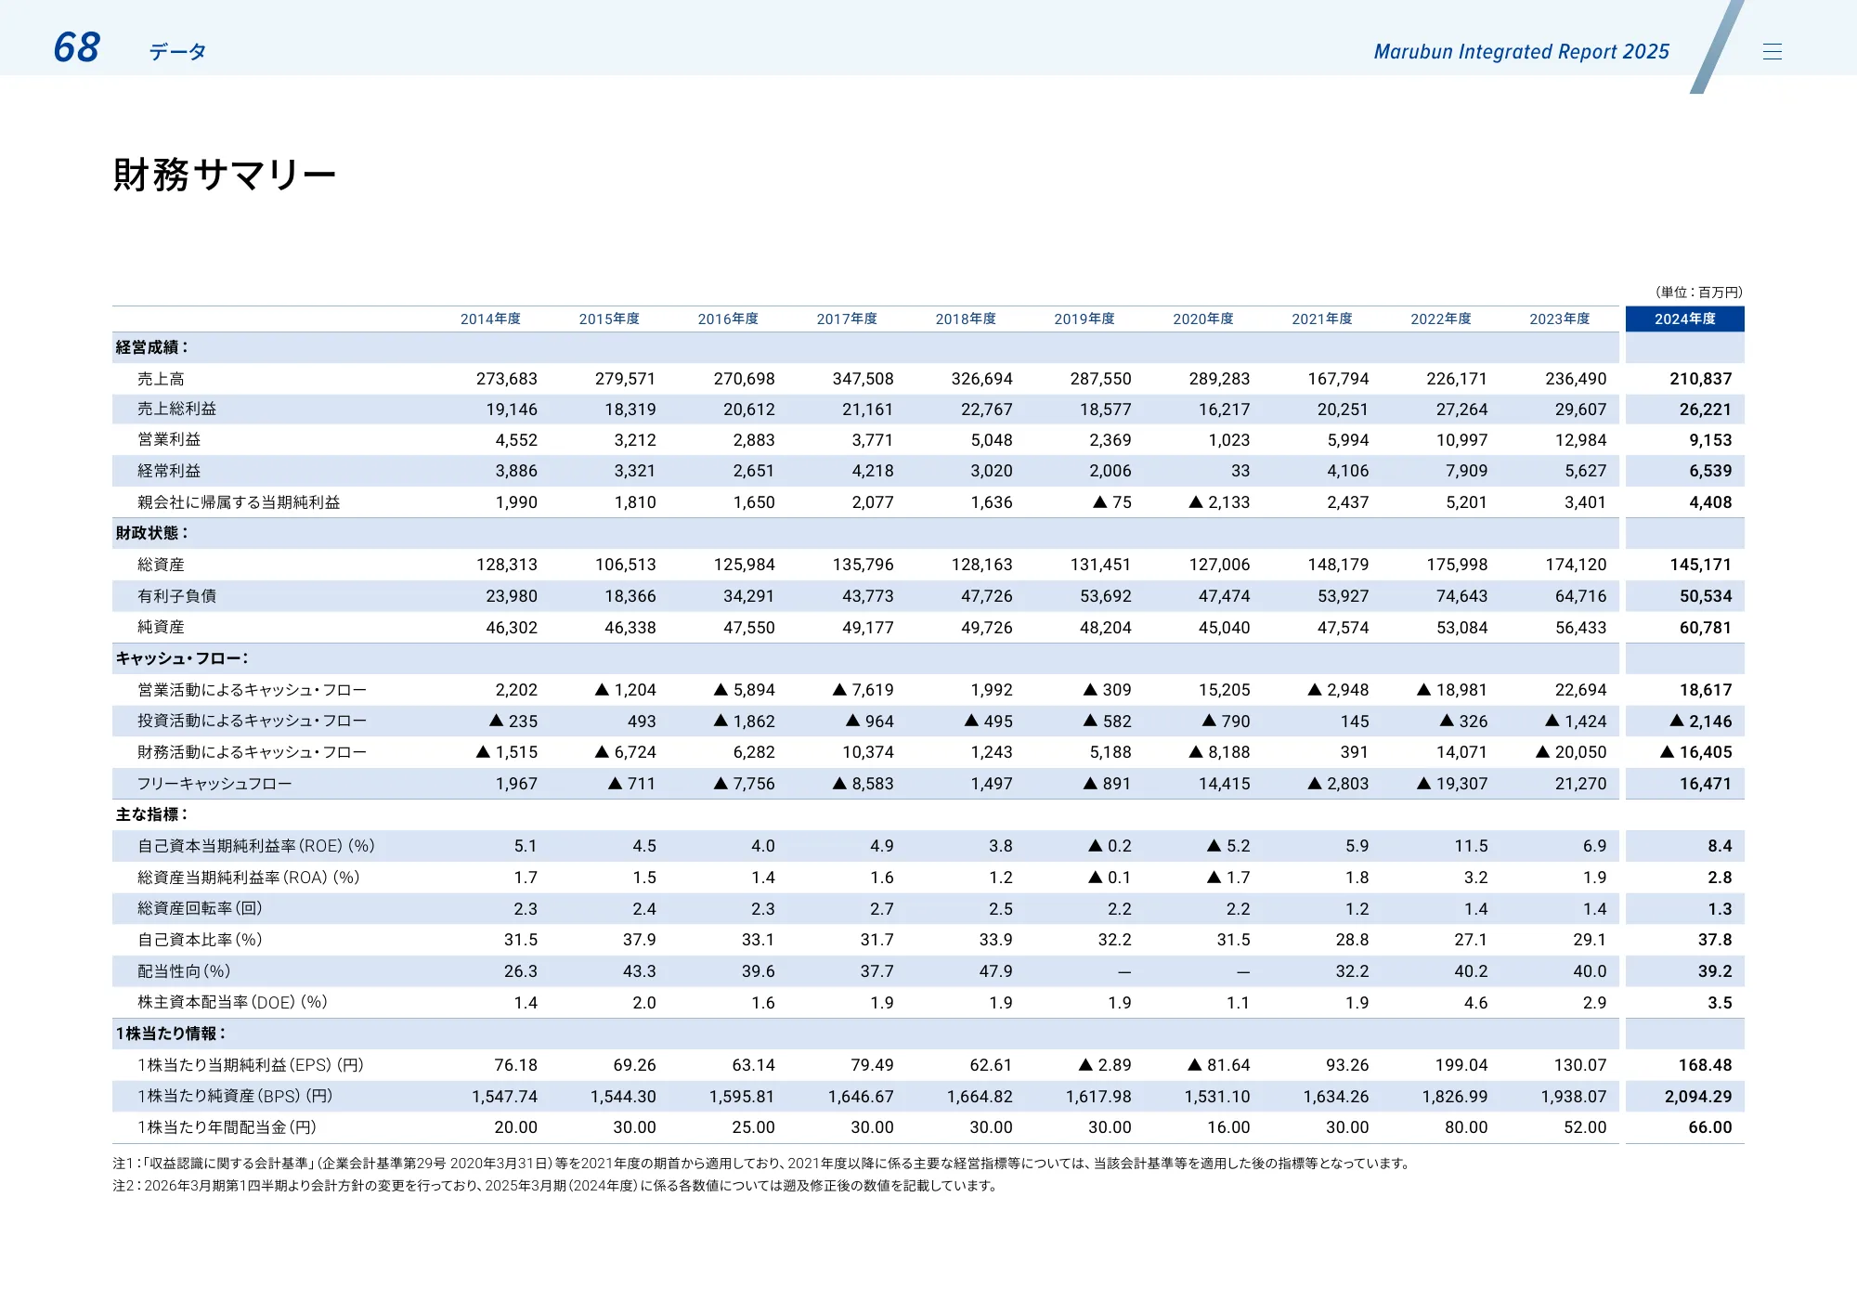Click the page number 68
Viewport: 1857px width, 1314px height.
click(76, 47)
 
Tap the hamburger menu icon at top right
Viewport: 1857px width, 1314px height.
click(1772, 52)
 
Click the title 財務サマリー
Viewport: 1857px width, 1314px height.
click(224, 175)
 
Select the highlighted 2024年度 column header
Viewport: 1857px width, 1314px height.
click(1684, 319)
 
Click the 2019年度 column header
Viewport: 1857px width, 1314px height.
click(1084, 319)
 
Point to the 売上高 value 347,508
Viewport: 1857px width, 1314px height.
click(863, 379)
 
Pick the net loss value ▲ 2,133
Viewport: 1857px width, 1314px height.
click(1219, 502)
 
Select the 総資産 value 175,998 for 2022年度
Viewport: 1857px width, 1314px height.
click(1456, 565)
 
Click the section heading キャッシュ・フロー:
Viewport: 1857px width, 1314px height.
click(181, 658)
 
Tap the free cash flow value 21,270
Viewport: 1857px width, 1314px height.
click(1580, 784)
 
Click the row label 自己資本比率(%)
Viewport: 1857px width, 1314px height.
click(200, 940)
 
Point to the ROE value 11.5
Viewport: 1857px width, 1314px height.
click(1471, 846)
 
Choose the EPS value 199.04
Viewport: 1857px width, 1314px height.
click(1461, 1065)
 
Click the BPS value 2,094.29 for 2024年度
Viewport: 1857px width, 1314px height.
click(1697, 1097)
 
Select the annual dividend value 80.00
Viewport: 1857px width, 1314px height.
click(1465, 1127)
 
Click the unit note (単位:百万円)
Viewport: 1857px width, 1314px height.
click(1698, 292)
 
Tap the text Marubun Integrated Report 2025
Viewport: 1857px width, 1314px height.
click(1521, 52)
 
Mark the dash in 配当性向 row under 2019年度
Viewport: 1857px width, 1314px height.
click(1123, 971)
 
